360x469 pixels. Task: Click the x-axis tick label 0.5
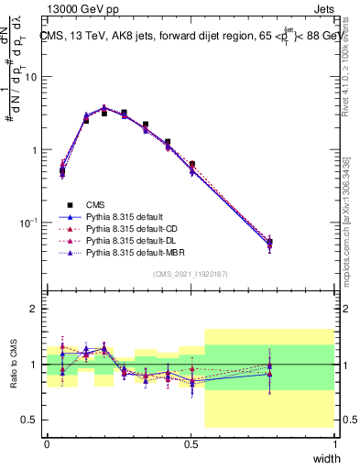[191, 443]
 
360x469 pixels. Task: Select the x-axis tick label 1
[335, 443]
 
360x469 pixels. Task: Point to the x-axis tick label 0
[47, 443]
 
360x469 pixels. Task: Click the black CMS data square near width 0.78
[269, 243]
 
